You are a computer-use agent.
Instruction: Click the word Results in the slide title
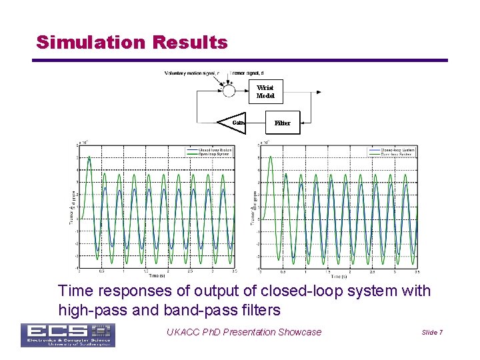click(190, 43)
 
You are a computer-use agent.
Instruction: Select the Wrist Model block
click(265, 91)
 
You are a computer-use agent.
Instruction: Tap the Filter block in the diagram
click(283, 123)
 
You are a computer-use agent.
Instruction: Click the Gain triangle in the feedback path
click(233, 123)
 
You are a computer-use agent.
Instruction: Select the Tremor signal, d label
click(247, 73)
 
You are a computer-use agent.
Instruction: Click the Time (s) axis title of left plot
click(157, 275)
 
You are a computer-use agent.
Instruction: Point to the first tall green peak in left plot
click(89, 158)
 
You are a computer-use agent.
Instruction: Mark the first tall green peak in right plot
click(270, 158)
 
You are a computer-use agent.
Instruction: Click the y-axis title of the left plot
click(73, 207)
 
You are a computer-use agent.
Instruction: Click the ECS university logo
click(67, 335)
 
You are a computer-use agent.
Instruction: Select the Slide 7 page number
click(432, 333)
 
